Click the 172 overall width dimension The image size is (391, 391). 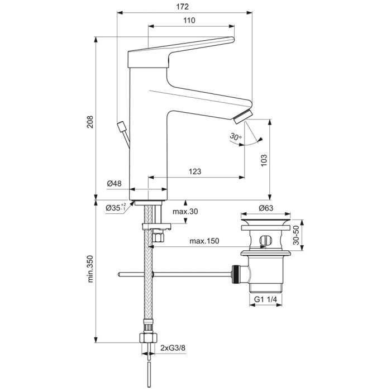[x=184, y=7]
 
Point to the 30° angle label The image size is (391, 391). [x=235, y=136]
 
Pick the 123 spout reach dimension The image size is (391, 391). [x=194, y=171]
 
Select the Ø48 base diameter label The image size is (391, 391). [x=113, y=183]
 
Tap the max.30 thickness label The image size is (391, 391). [x=186, y=212]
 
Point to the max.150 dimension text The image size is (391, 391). [x=204, y=241]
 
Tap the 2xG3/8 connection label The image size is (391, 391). [x=173, y=348]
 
